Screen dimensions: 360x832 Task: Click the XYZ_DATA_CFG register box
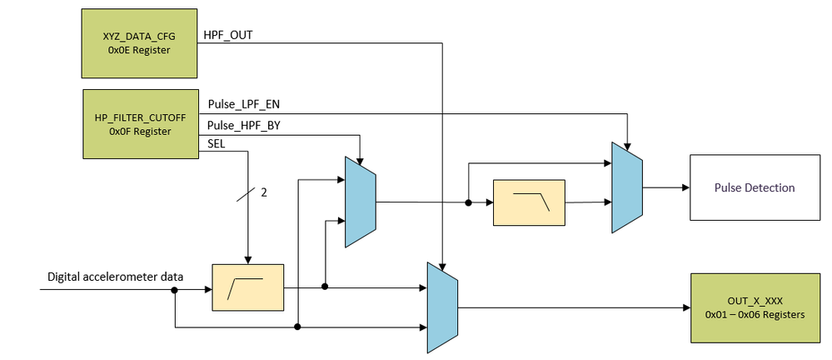click(139, 42)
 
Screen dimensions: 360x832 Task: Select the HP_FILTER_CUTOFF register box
click(139, 124)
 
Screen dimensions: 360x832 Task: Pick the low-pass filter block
click(529, 202)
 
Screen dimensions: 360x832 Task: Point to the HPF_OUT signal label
click(229, 36)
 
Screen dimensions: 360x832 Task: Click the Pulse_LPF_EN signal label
click(242, 104)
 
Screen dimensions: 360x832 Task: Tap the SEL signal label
click(216, 144)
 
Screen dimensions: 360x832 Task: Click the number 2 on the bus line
click(263, 192)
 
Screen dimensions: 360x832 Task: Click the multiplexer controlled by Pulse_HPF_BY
click(361, 201)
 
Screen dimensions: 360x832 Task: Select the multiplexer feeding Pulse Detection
click(627, 187)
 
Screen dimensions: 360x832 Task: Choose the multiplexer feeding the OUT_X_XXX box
click(442, 307)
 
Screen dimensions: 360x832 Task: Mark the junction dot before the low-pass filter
click(469, 202)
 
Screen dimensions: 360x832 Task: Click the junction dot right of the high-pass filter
click(325, 287)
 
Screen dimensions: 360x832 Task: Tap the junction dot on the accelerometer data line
click(175, 290)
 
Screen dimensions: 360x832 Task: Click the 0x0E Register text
click(139, 49)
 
